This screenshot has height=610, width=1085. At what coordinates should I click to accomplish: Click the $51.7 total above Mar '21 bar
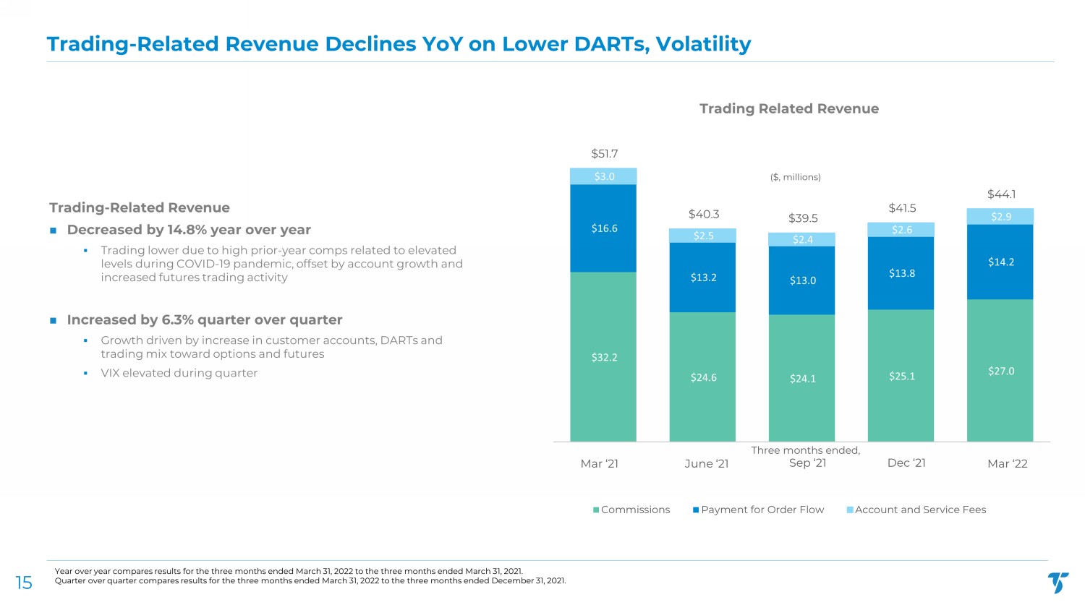pyautogui.click(x=604, y=154)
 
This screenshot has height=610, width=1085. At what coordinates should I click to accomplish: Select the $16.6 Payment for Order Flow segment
pyautogui.click(x=604, y=228)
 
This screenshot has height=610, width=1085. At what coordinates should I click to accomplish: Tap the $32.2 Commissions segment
pyautogui.click(x=604, y=357)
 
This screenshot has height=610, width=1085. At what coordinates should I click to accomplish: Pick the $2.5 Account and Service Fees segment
pyautogui.click(x=703, y=236)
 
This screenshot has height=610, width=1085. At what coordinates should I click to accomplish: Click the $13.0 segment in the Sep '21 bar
pyautogui.click(x=802, y=280)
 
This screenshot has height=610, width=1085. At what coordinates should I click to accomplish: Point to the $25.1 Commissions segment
pyautogui.click(x=901, y=376)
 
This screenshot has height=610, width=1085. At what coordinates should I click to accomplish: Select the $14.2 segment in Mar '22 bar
pyautogui.click(x=1000, y=262)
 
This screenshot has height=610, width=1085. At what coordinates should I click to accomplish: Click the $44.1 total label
pyautogui.click(x=1001, y=194)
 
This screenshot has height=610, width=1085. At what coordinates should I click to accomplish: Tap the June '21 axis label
pyautogui.click(x=706, y=464)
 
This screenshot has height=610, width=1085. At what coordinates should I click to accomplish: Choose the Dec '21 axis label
pyautogui.click(x=906, y=463)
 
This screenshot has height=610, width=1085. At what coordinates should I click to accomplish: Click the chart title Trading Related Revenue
pyautogui.click(x=788, y=109)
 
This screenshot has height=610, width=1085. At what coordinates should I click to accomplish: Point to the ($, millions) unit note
pyautogui.click(x=795, y=177)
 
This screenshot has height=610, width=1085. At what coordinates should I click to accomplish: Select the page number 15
pyautogui.click(x=24, y=583)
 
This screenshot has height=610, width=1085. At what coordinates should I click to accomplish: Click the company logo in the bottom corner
pyautogui.click(x=1058, y=582)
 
